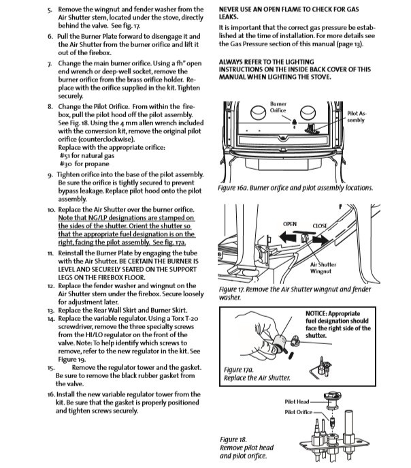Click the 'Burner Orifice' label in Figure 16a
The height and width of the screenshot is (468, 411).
point(278,107)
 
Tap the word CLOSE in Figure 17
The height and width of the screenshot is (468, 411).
point(320,225)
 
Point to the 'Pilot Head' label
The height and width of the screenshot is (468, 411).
point(297,402)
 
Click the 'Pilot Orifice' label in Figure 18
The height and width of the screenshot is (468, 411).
point(299,412)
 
